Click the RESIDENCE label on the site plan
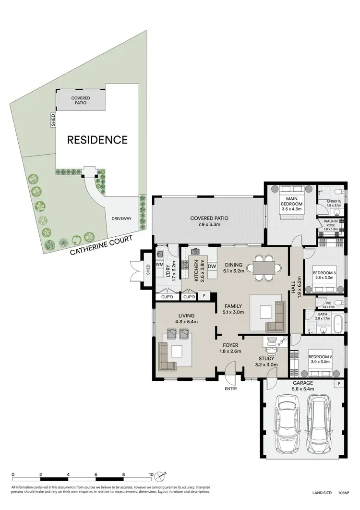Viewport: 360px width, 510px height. (x=97, y=140)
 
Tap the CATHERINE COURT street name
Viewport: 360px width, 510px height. (x=100, y=245)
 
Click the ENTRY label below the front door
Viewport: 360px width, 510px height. (x=230, y=389)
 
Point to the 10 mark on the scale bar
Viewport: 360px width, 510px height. (x=151, y=474)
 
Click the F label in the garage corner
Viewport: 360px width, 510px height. (x=339, y=384)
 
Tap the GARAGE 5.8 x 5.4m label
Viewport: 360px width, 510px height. (x=303, y=386)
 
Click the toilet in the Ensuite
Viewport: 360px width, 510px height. (x=337, y=191)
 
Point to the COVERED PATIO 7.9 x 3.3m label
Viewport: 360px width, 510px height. (x=209, y=221)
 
